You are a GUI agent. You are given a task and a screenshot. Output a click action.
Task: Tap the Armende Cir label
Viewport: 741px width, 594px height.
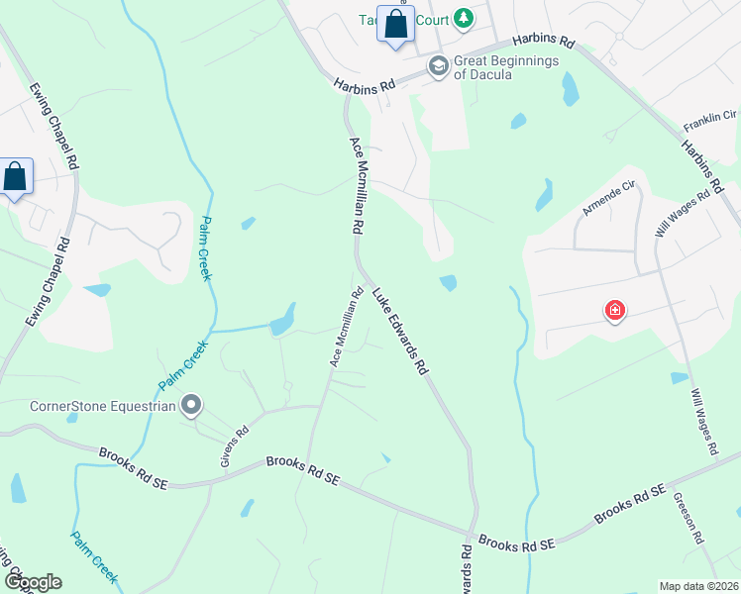pyautogui.click(x=608, y=201)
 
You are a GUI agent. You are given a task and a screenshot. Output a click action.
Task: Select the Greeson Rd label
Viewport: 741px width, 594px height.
pyautogui.click(x=688, y=519)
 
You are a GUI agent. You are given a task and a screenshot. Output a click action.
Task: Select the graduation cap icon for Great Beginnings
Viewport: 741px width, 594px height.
pyautogui.click(x=437, y=65)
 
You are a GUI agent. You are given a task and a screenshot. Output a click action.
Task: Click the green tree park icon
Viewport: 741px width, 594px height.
pyautogui.click(x=463, y=19)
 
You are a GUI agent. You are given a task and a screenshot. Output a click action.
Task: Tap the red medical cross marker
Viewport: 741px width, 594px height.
pyautogui.click(x=615, y=311)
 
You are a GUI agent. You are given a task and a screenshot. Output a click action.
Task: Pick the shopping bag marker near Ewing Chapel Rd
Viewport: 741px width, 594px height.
pyautogui.click(x=16, y=178)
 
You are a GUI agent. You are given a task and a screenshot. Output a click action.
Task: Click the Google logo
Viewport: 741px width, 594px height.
pyautogui.click(x=33, y=582)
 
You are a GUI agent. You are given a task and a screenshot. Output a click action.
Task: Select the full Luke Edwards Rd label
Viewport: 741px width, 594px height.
pyautogui.click(x=400, y=332)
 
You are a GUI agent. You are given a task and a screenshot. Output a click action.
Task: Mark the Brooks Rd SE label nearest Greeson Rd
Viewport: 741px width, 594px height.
pyautogui.click(x=628, y=505)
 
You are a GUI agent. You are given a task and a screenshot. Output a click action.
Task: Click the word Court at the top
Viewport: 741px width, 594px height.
pyautogui.click(x=428, y=19)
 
